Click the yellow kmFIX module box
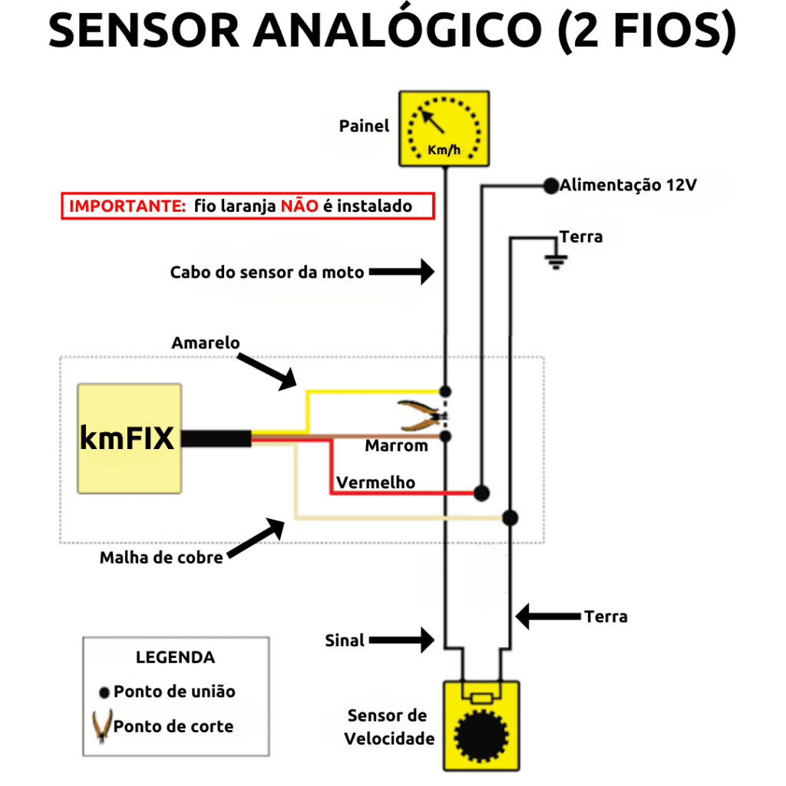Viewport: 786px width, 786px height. point(129,438)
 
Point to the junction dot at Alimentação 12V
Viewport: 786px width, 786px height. point(550,186)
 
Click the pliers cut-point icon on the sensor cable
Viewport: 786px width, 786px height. point(421,415)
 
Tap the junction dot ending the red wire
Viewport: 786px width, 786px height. point(482,492)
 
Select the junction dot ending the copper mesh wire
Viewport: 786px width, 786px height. point(510,517)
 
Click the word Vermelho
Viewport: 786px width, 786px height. point(375,482)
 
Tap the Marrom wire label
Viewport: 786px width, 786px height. point(396,446)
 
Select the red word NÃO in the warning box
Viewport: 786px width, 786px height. point(295,206)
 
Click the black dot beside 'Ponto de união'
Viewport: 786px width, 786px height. point(104,692)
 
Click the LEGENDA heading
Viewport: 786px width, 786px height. point(175,657)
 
